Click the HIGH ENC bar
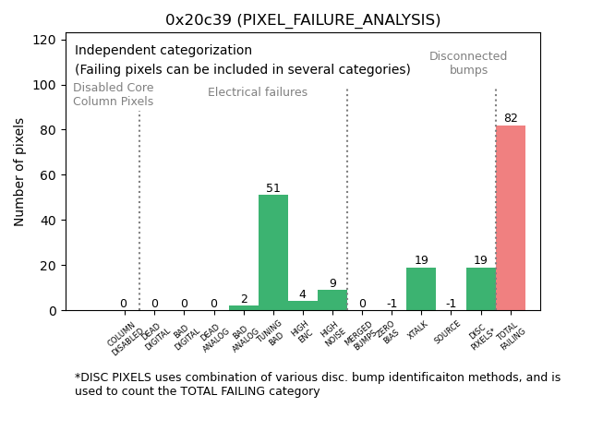click(303, 305)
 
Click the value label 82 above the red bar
click(511, 118)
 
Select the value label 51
click(273, 188)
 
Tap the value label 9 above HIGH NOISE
click(332, 283)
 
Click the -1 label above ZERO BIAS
click(392, 304)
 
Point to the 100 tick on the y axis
click(45, 85)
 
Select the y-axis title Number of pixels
click(20, 172)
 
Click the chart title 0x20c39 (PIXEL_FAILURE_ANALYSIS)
click(303, 19)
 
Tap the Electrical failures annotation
click(258, 92)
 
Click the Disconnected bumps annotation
click(468, 63)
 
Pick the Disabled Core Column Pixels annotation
click(114, 94)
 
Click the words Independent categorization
click(163, 51)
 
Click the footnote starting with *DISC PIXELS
click(318, 384)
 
